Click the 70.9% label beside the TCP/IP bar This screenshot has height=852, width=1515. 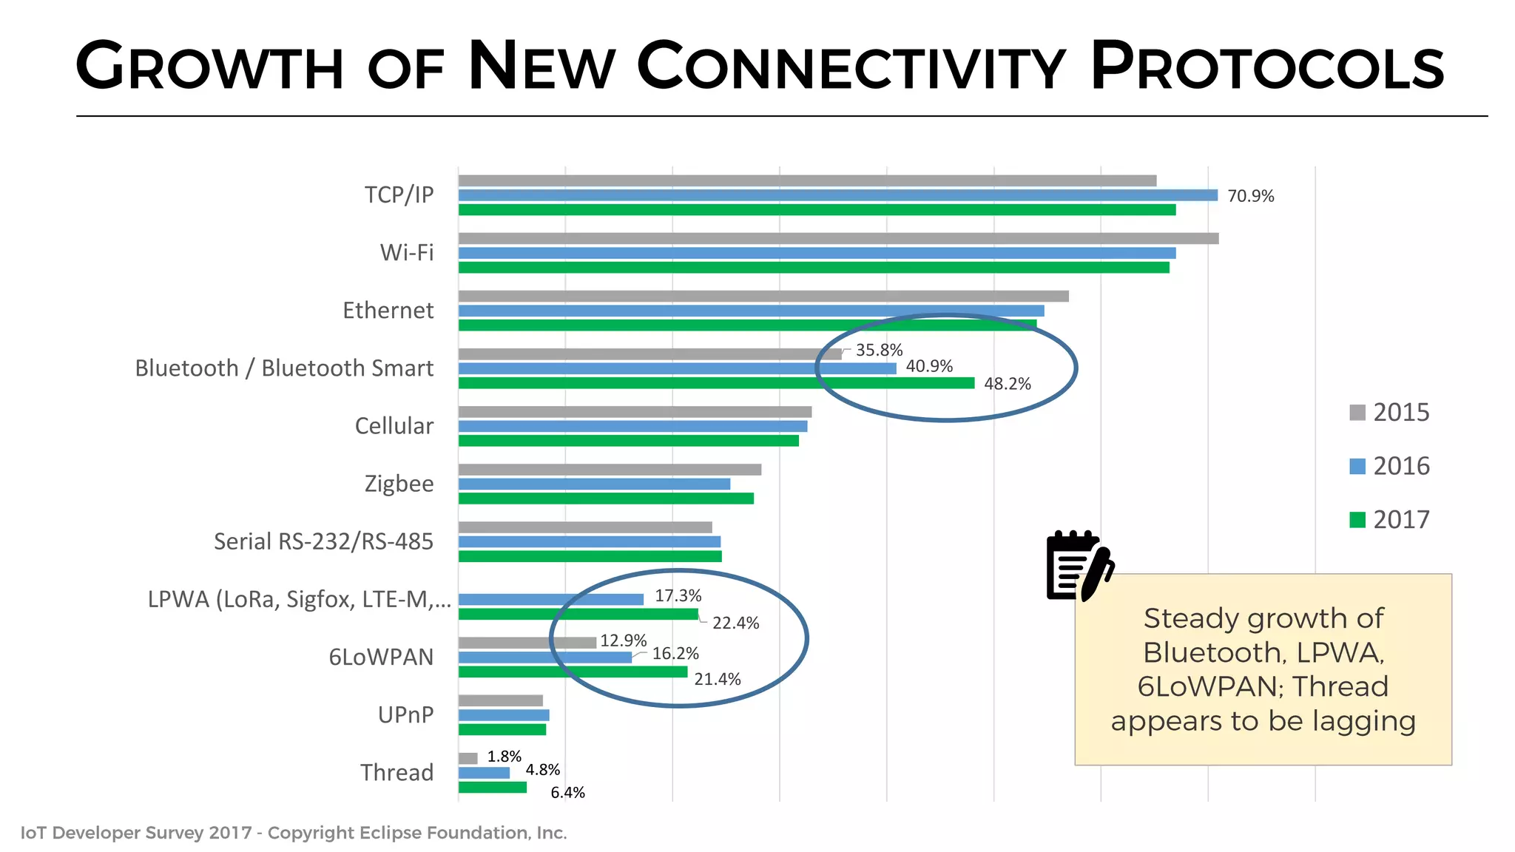point(1250,196)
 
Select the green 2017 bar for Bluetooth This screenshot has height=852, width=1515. point(716,383)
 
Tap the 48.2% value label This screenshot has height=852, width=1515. point(1007,384)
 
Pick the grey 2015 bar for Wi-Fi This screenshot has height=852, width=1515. point(838,238)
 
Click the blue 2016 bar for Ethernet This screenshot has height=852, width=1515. point(751,311)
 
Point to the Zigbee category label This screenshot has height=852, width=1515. point(399,484)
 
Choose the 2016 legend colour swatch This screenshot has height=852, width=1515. point(1357,466)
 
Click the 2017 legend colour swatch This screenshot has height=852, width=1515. point(1357,520)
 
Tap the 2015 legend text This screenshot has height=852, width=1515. point(1401,412)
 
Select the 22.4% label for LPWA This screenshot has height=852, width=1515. point(735,623)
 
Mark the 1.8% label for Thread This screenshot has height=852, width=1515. point(504,757)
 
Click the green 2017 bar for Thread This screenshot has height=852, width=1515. point(493,787)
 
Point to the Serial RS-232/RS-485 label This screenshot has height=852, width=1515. point(323,541)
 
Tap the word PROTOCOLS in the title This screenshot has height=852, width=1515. point(1266,67)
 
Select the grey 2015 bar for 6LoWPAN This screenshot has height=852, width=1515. point(527,643)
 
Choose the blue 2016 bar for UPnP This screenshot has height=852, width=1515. point(504,715)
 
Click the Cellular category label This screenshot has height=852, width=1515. point(394,426)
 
